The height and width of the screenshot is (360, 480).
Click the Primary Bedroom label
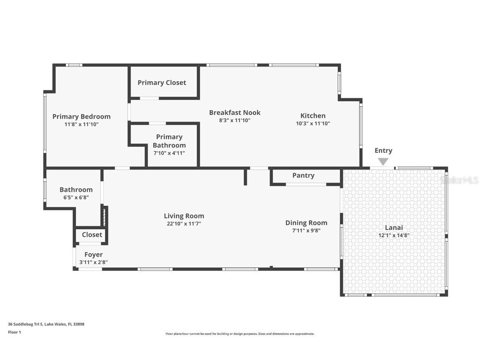tap(81, 117)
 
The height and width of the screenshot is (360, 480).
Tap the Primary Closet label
tap(162, 82)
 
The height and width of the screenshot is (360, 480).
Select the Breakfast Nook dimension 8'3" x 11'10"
tap(235, 120)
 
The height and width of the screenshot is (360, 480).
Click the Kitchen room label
tap(313, 116)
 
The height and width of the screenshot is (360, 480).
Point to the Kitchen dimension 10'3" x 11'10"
tap(313, 123)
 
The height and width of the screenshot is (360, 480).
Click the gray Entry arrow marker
tap(383, 161)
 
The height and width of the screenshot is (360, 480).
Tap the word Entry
tap(383, 150)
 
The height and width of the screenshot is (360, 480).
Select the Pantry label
tap(303, 175)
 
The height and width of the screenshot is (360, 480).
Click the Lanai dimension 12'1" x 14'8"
tap(394, 235)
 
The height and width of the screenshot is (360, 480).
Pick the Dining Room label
tap(306, 223)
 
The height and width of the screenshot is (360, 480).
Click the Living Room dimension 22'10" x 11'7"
tap(184, 224)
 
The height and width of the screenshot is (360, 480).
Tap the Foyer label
tap(93, 255)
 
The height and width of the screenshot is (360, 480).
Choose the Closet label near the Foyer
tap(92, 235)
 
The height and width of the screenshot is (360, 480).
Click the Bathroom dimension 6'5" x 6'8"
tap(76, 197)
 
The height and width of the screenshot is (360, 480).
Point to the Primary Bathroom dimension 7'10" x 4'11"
tap(169, 153)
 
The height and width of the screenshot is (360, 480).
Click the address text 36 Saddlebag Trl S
tap(26, 324)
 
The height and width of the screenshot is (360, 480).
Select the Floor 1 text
tap(15, 332)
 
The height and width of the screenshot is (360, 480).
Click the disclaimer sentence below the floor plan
tap(240, 334)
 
